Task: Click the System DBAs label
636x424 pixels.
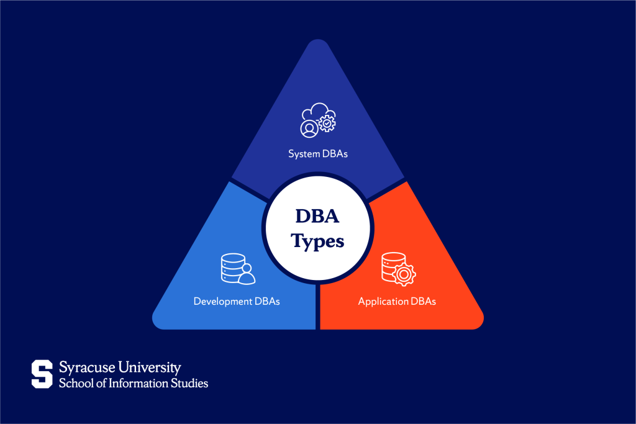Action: tap(317, 153)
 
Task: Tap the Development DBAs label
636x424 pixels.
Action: tap(237, 301)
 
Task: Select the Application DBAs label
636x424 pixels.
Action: tap(397, 301)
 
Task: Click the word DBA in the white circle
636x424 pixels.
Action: tap(317, 216)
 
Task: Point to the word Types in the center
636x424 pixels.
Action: tap(317, 241)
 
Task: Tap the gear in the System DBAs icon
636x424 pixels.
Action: tap(327, 123)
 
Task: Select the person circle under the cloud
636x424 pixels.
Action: tap(309, 129)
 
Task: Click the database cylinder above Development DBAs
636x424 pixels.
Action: tap(232, 268)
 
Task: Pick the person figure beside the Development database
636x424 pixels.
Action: tap(246, 274)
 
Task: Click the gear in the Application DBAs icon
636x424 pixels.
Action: tap(404, 274)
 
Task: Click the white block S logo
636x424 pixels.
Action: tap(42, 374)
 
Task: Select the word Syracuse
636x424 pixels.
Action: tap(87, 368)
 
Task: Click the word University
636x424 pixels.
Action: tap(150, 368)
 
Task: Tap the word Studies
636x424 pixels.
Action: tap(189, 383)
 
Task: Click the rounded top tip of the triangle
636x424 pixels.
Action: tap(318, 40)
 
